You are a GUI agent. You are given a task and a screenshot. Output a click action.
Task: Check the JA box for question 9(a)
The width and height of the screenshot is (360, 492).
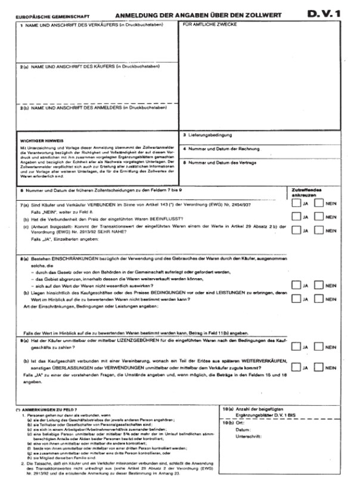pyautogui.click(x=296, y=346)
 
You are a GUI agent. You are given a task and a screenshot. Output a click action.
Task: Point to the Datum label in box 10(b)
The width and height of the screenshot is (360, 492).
pyautogui.click(x=242, y=428)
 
